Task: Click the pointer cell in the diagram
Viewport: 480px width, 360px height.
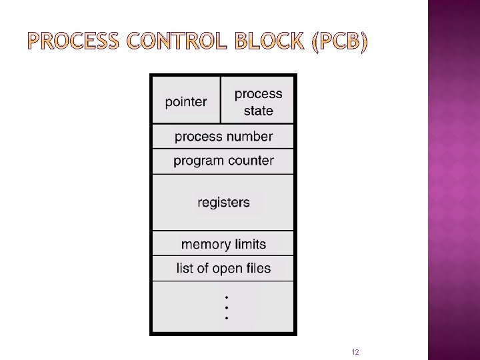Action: point(186,101)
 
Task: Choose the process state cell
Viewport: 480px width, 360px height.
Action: point(258,101)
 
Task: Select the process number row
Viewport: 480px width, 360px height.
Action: point(223,137)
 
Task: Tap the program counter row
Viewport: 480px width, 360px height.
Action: point(223,161)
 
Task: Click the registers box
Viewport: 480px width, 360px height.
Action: point(223,202)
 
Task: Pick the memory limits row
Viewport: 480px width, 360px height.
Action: point(223,244)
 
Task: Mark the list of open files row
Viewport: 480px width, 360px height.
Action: point(223,269)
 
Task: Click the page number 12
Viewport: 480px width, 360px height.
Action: point(355,352)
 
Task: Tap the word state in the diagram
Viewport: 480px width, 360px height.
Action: point(258,111)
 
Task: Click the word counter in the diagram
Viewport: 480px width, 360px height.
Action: point(250,161)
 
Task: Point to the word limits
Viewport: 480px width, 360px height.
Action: point(248,244)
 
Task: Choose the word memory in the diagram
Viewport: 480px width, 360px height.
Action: point(203,244)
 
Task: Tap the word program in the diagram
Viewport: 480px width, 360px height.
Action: point(198,161)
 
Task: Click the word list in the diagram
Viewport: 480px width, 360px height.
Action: point(185,269)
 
